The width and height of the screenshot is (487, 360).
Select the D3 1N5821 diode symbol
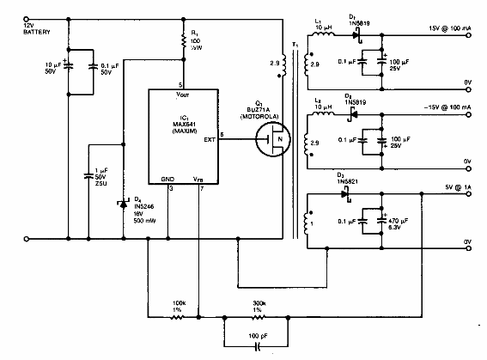tap(347, 193)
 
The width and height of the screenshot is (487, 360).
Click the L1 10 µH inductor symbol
tap(325, 37)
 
